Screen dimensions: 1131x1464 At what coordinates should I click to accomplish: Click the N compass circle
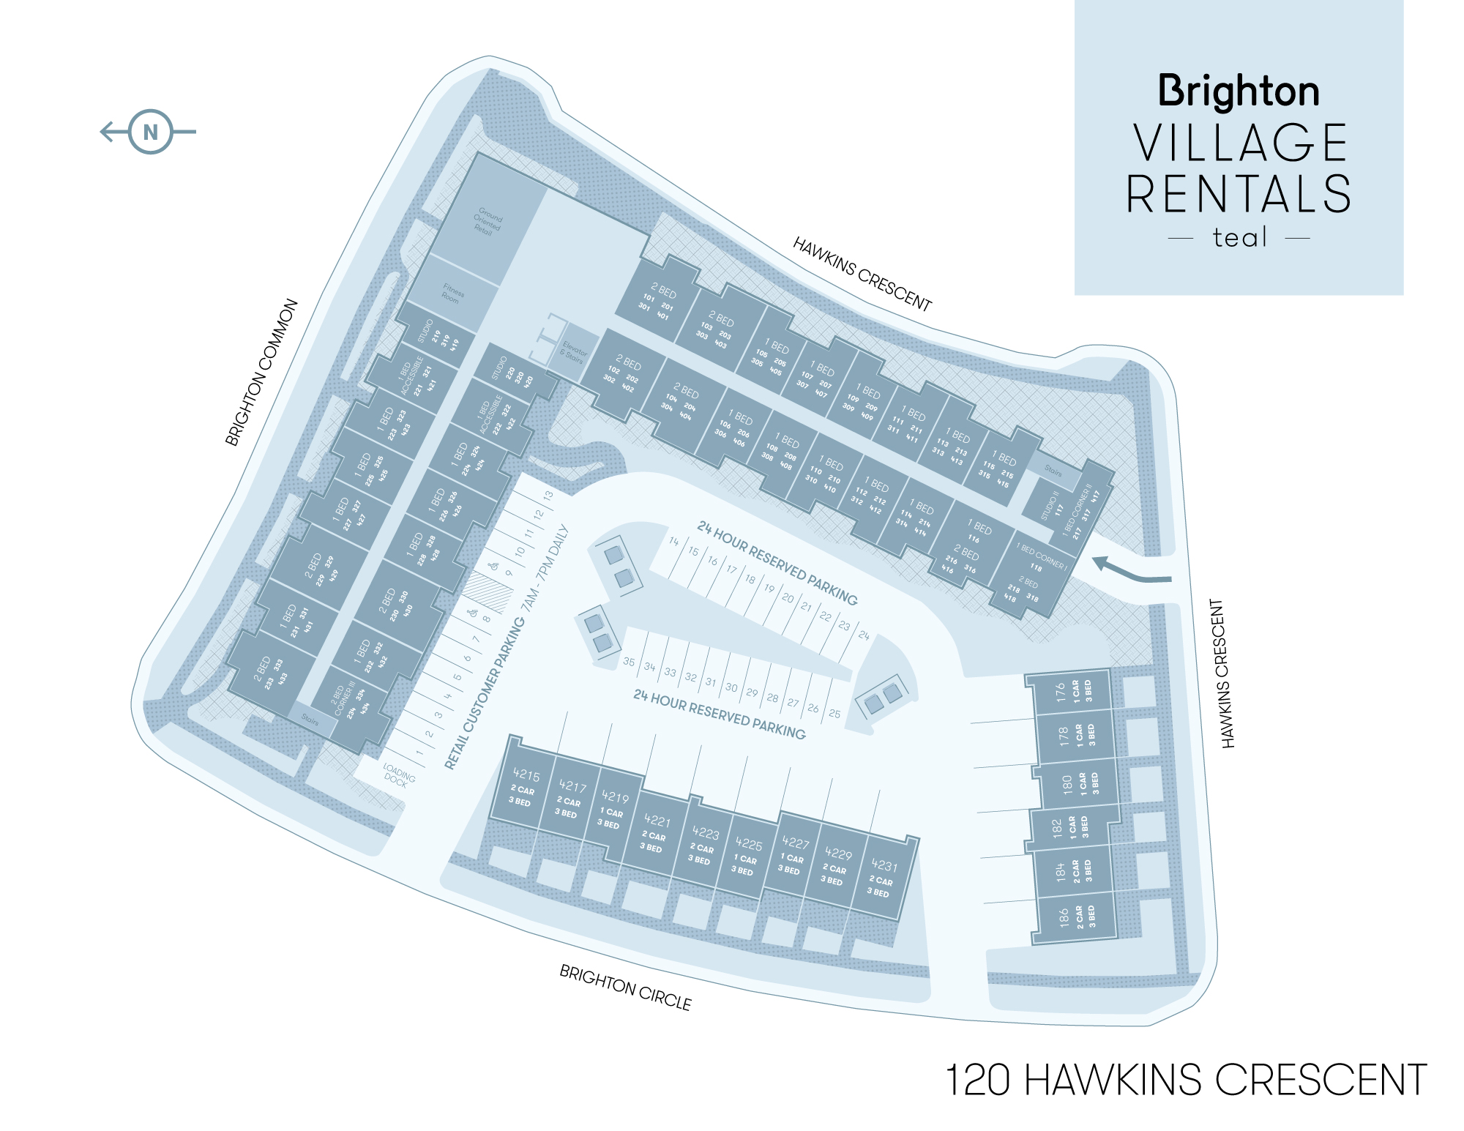pos(151,132)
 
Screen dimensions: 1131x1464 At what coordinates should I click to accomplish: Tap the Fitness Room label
pos(452,294)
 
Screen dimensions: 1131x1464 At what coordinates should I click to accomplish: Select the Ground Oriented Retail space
pos(487,221)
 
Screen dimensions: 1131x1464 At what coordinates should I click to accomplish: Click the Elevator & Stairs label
pos(573,351)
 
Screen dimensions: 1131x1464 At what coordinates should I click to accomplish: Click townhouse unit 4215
pos(524,787)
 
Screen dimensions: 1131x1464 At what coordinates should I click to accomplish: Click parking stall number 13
pos(548,496)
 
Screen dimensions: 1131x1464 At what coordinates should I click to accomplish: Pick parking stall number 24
pos(864,635)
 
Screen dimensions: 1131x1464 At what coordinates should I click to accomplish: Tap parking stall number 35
pos(629,662)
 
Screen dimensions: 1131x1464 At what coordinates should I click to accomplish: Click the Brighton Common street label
pos(261,373)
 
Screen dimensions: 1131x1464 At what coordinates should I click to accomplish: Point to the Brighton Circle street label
pos(625,988)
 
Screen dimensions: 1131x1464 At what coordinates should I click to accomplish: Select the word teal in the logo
pos(1239,238)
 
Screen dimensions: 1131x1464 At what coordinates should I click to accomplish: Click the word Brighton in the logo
pos(1239,92)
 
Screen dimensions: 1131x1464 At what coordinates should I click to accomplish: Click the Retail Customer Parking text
pos(485,693)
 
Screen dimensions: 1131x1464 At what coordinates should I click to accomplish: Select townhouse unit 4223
pos(703,846)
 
